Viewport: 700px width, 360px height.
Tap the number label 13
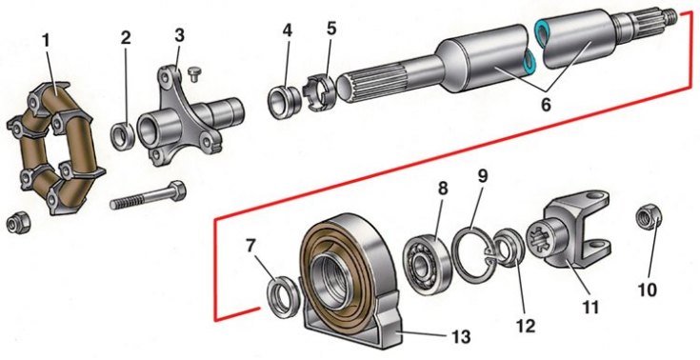pos(461,336)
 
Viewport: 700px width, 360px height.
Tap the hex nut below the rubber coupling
pos(16,223)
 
